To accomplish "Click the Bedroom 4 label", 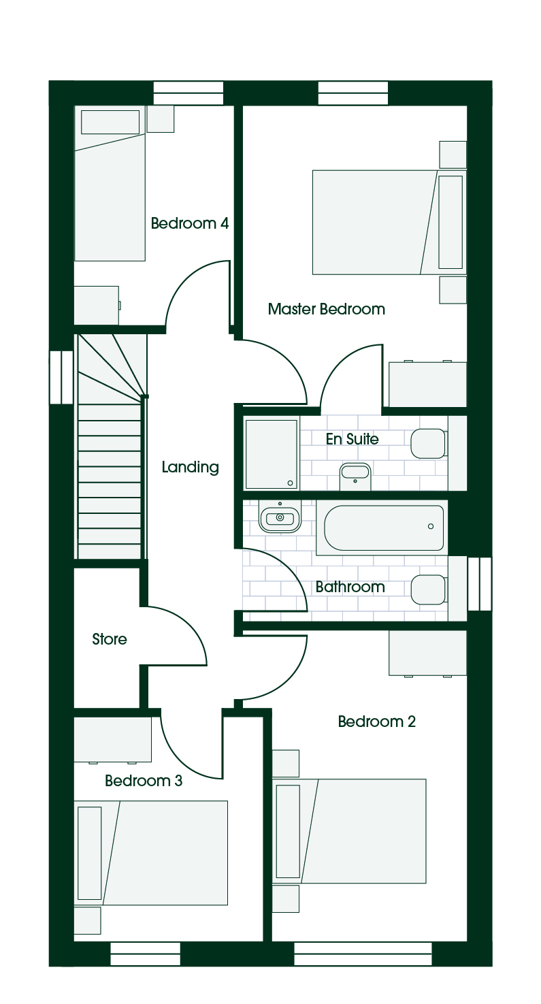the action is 190,223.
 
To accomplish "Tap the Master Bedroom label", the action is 327,309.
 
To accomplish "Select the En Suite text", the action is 353,439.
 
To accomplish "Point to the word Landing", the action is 190,467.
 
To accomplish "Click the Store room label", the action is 110,638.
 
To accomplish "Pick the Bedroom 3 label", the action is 144,780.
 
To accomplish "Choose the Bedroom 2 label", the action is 376,721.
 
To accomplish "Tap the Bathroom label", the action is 350,587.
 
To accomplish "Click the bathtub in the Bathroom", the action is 382,528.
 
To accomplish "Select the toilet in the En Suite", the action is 429,444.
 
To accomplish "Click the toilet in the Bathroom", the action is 429,589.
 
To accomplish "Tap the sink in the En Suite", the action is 355,476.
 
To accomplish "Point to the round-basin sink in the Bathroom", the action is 280,517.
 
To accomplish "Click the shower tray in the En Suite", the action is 271,453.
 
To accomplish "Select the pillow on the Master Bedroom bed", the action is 450,223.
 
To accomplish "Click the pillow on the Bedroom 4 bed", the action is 110,122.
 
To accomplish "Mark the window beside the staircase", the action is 61,377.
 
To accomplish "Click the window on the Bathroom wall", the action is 480,583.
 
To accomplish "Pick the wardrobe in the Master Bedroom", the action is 427,384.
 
